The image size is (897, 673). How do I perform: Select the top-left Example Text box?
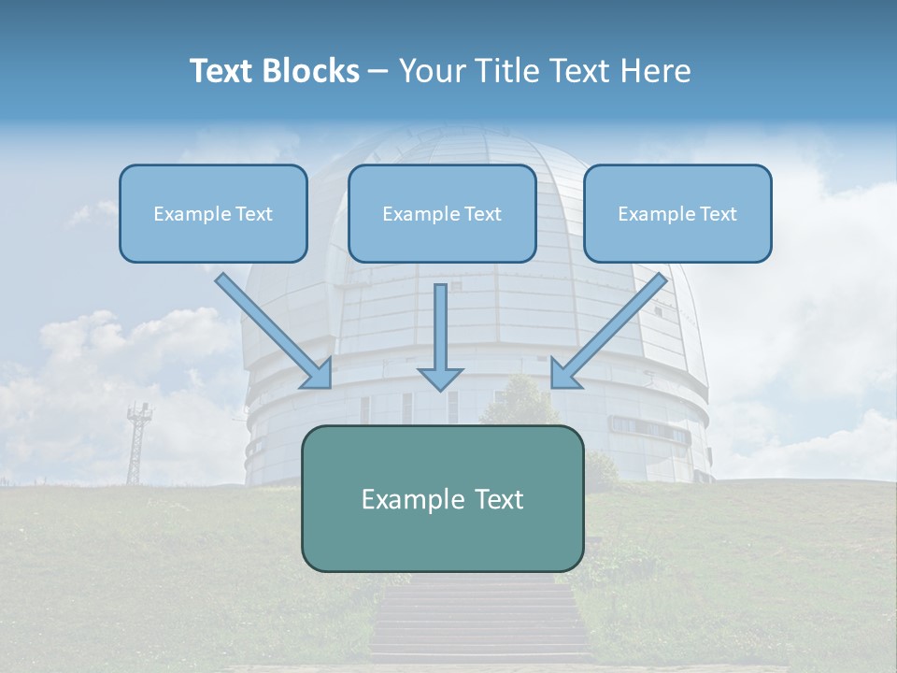click(x=213, y=214)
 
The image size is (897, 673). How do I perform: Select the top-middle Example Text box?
click(x=442, y=214)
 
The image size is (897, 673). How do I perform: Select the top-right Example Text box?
click(x=677, y=214)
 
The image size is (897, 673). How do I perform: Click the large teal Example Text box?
click(x=442, y=499)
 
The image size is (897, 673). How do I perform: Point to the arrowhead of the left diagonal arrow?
click(x=318, y=374)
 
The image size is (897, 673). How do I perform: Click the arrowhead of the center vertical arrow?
click(x=440, y=379)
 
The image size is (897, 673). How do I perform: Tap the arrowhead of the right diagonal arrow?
click(x=564, y=374)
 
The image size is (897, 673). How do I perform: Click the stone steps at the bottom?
click(x=481, y=622)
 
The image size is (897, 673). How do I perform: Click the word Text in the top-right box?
click(x=719, y=214)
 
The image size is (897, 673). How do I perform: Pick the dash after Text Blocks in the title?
click(x=378, y=71)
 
